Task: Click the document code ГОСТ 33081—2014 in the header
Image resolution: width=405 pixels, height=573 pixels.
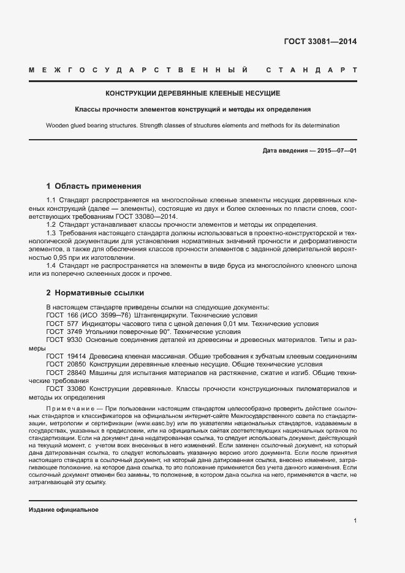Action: tap(320, 42)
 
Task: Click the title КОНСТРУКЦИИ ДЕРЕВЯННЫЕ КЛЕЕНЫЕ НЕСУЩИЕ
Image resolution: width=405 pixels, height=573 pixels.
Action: tap(193, 93)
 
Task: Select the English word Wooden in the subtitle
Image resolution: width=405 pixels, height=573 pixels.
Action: tap(58, 126)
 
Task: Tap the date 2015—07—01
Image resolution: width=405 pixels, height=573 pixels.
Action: tap(336, 150)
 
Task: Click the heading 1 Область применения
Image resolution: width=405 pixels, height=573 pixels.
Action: tap(94, 186)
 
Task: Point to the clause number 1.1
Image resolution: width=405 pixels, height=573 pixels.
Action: tap(51, 201)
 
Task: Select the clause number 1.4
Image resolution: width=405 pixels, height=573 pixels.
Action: tap(51, 265)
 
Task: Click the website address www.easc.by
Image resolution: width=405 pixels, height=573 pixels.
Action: tap(155, 423)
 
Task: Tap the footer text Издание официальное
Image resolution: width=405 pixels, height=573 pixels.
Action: tap(64, 510)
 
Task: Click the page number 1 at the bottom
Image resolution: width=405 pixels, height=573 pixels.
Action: tap(355, 521)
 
